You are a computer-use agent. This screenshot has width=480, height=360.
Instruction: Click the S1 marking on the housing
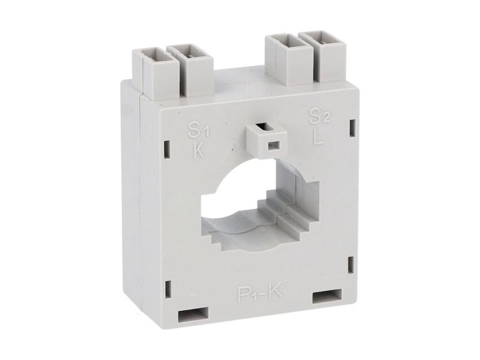coord(199,130)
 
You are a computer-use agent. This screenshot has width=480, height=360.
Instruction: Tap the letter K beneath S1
coord(199,150)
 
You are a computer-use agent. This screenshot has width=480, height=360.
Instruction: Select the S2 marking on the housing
coord(319,116)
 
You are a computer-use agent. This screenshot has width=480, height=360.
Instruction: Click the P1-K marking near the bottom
coord(260,293)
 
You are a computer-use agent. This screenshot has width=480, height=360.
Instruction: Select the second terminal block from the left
coord(190,70)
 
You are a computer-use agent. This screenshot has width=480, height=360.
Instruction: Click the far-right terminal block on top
coord(323,56)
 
